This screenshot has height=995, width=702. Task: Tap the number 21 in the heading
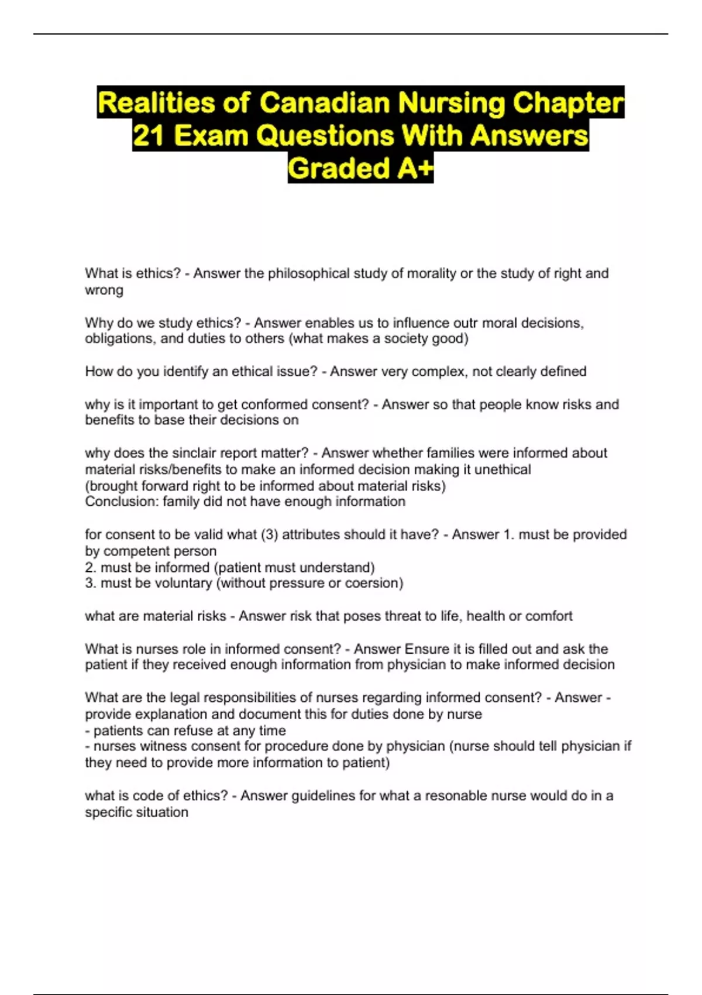[x=149, y=136]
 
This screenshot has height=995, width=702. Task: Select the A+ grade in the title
[x=415, y=169]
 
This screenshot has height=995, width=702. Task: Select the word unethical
[x=503, y=469]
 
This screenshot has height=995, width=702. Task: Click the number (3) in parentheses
[x=270, y=534]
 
